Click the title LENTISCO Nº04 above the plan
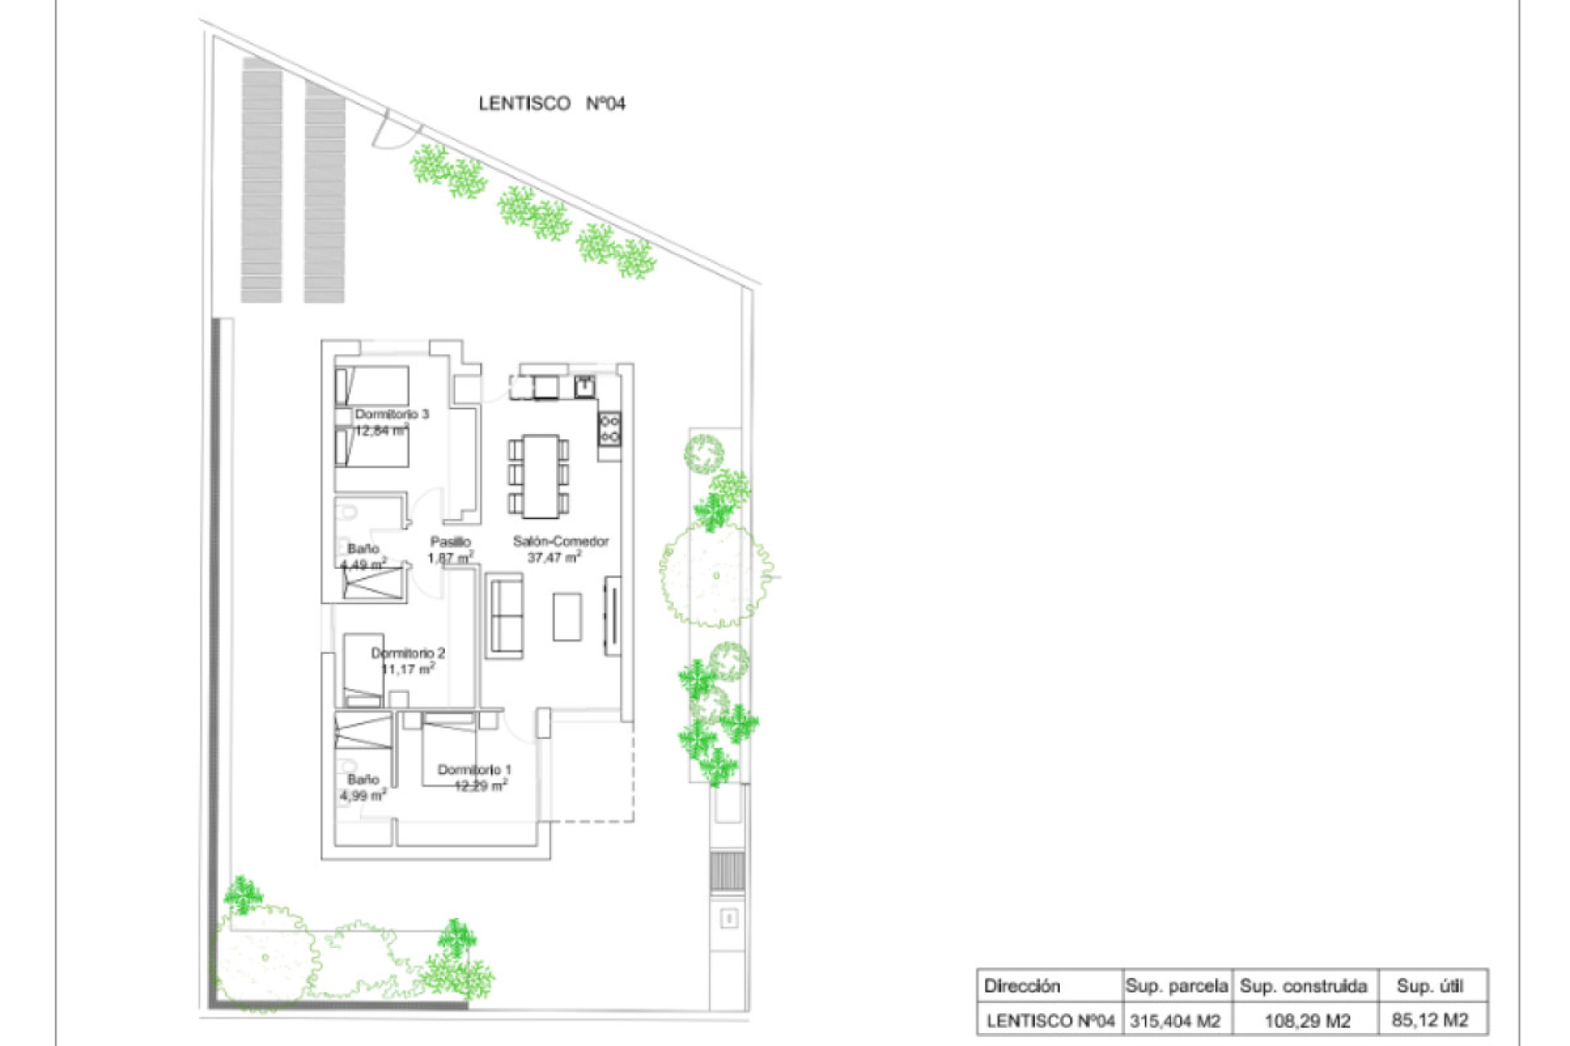coord(552,104)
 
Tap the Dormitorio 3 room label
coord(392,414)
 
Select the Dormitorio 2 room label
coord(408,653)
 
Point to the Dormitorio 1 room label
coord(474,770)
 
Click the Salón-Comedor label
coord(561,541)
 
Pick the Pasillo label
coord(451,542)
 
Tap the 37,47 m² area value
coord(554,558)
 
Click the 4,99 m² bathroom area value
coord(363,795)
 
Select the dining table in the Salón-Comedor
coord(540,476)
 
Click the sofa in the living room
coord(504,615)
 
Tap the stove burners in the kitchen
coord(610,430)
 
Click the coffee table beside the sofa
coord(567,617)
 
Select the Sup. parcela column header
coord(1176,986)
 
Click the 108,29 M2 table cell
coord(1307,1021)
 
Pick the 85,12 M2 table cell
coord(1429,1020)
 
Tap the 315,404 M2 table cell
coord(1175,1021)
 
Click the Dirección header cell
coord(1022,986)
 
